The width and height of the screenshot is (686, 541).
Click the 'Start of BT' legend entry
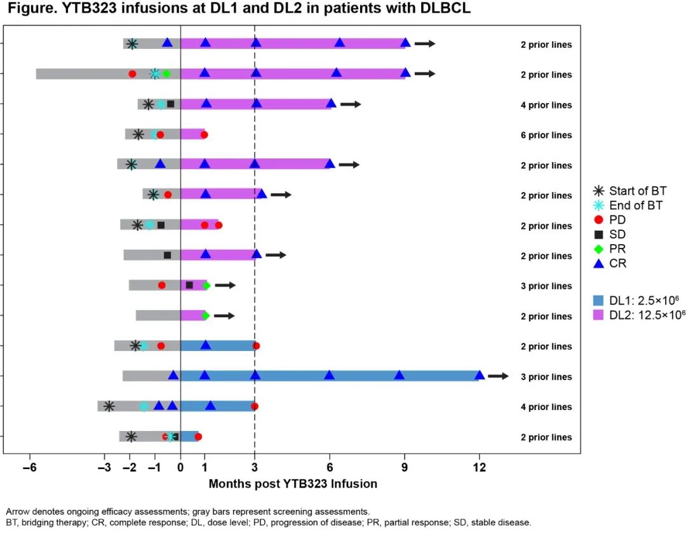point(598,191)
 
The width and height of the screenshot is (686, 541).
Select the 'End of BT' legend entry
point(598,205)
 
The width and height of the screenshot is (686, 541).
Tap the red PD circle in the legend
point(598,219)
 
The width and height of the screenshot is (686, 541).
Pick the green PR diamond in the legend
point(598,249)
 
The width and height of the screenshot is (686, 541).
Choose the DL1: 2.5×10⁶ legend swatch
point(598,299)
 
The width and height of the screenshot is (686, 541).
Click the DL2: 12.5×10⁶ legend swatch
point(598,314)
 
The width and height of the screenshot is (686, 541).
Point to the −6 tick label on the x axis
point(29,467)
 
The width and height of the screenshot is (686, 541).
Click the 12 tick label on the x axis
point(480,467)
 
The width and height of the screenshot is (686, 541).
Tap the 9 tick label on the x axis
point(405,467)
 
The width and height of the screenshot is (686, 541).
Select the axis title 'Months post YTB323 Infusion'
point(293,484)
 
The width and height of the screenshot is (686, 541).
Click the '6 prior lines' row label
point(546,135)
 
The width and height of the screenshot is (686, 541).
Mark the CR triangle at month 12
point(480,375)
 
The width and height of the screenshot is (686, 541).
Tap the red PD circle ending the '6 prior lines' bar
point(204,135)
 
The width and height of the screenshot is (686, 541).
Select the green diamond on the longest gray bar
point(166,74)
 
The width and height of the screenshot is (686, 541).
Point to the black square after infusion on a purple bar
point(189,285)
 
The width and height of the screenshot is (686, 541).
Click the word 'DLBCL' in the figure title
point(439,10)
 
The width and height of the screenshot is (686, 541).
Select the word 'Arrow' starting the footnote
point(18,511)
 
